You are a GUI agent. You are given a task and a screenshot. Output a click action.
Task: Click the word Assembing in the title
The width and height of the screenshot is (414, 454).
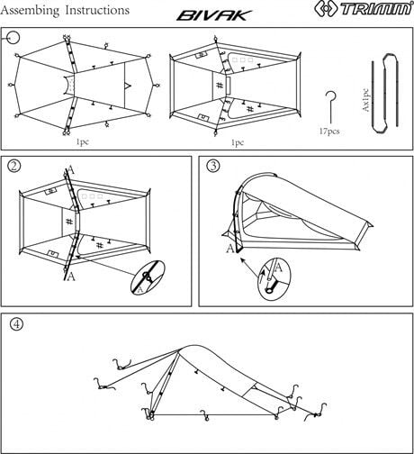(37, 10)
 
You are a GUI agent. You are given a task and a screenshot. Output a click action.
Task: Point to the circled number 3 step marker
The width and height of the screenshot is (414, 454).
(213, 167)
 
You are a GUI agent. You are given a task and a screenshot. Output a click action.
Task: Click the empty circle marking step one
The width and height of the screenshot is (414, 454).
(13, 36)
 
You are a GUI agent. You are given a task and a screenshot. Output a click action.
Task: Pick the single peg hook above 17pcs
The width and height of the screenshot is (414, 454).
(334, 106)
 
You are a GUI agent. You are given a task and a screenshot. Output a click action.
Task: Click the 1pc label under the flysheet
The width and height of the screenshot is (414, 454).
(83, 142)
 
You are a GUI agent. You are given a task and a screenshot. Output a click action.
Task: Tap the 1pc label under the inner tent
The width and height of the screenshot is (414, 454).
(238, 142)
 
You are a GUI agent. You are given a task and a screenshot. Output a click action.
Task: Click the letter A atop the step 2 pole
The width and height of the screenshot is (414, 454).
(71, 168)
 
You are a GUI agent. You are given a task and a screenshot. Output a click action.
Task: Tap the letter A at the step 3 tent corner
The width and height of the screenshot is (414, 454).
(229, 248)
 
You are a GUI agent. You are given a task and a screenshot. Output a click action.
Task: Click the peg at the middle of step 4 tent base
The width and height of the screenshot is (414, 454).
(207, 416)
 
